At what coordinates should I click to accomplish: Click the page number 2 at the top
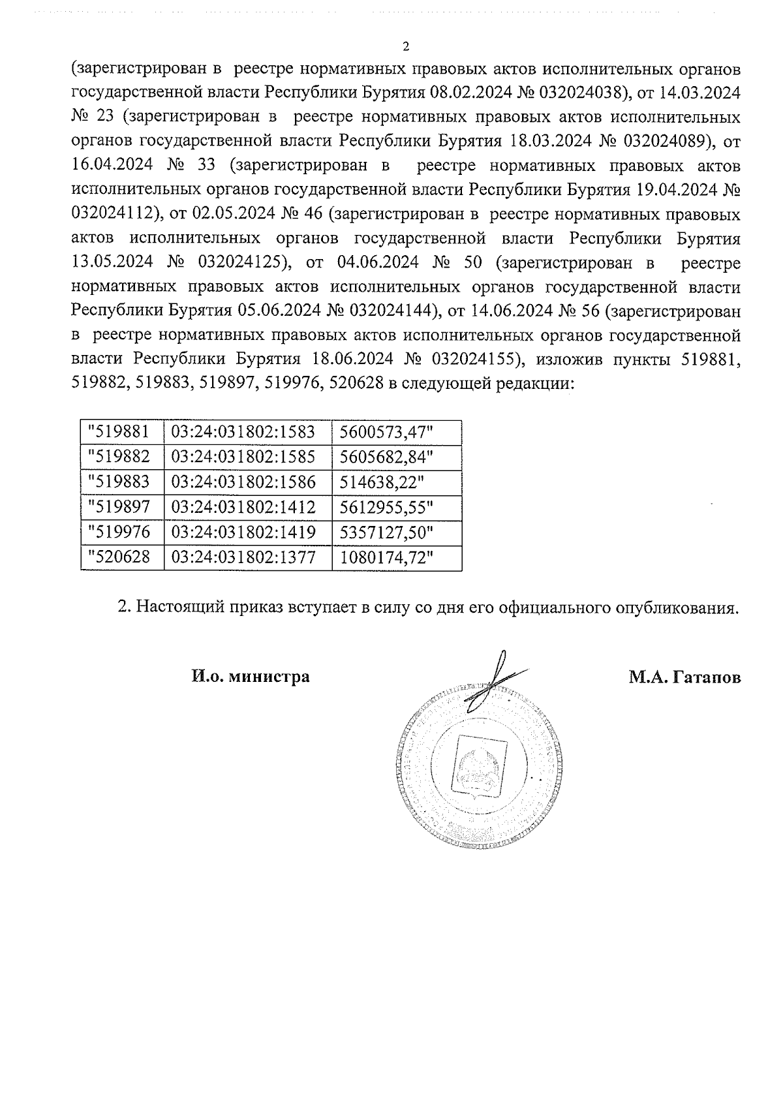407,46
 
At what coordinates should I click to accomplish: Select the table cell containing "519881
122,432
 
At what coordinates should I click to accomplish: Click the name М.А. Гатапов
684,677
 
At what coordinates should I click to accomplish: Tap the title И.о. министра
250,677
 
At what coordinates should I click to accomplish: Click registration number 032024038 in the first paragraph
577,93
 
